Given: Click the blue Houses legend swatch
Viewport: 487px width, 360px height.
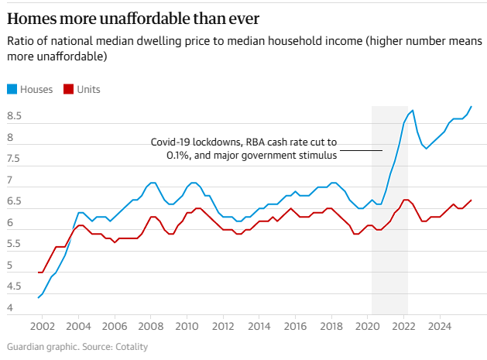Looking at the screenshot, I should (12, 89).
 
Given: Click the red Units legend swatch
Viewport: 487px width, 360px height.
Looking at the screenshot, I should (68, 89).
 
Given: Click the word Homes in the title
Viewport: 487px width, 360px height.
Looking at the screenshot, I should (30, 18).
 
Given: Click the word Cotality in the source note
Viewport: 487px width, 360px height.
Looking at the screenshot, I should (129, 346).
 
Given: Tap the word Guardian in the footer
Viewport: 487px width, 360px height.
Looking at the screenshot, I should (27, 346).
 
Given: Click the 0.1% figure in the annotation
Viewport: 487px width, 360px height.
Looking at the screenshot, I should (180, 156).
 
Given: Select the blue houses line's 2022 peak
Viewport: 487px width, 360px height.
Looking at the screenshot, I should (413, 111).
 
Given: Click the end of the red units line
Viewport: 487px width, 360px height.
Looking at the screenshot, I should (472, 201).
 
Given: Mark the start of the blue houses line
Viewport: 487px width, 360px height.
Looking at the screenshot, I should (38, 297).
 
